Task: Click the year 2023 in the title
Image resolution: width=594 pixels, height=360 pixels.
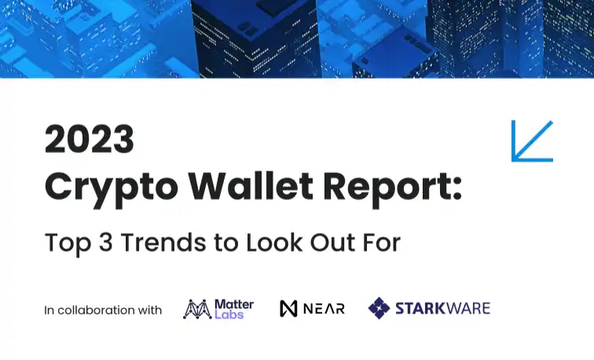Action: (x=90, y=138)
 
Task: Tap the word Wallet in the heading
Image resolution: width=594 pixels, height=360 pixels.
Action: (x=251, y=186)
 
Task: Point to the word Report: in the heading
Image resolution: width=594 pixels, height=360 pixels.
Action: (x=393, y=189)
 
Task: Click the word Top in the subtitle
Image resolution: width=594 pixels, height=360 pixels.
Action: (x=68, y=244)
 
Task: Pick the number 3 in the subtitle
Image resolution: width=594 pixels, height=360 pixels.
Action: (x=106, y=242)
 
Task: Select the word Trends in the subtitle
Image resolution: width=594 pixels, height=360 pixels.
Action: (x=163, y=242)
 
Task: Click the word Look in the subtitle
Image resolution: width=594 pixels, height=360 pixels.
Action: (x=274, y=242)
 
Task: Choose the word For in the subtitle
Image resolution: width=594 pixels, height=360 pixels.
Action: (x=382, y=242)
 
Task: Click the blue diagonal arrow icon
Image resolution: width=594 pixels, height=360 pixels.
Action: (x=532, y=141)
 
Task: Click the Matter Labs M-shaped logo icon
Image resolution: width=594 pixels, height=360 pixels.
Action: (x=197, y=309)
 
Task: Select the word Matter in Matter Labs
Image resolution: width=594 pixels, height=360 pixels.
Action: (x=234, y=304)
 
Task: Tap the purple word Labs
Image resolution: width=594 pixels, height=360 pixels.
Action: (x=229, y=314)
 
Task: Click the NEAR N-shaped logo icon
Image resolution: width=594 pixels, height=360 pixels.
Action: (x=288, y=308)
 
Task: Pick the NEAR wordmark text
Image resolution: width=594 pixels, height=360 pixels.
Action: (x=324, y=308)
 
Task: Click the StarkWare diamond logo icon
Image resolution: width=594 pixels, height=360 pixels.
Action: (x=379, y=308)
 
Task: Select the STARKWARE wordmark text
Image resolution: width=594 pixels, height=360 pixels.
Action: (x=443, y=308)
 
